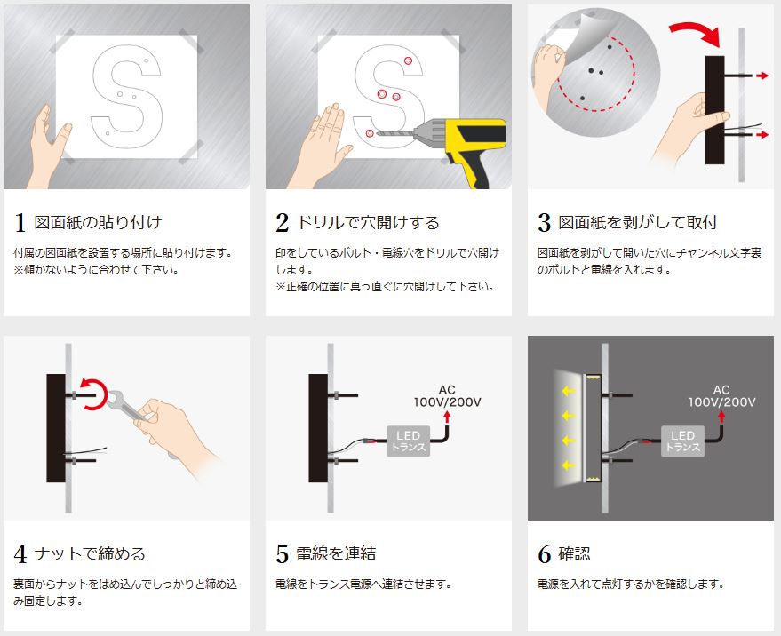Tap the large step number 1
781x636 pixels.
(20, 223)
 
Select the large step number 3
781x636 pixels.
(545, 223)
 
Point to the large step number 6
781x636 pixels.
(545, 554)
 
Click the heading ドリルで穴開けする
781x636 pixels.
(368, 222)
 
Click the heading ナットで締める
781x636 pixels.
(90, 553)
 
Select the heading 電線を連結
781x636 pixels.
(336, 553)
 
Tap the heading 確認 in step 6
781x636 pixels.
(574, 553)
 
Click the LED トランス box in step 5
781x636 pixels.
(408, 441)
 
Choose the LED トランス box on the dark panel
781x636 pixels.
(682, 441)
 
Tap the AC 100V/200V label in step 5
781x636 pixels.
(447, 396)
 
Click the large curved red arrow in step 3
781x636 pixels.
(697, 30)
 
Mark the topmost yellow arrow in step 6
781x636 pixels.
(569, 391)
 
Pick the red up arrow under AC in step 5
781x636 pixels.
(447, 417)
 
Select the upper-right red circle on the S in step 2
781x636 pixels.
(408, 60)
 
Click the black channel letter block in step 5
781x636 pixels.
(318, 428)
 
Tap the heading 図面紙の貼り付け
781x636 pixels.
(98, 222)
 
